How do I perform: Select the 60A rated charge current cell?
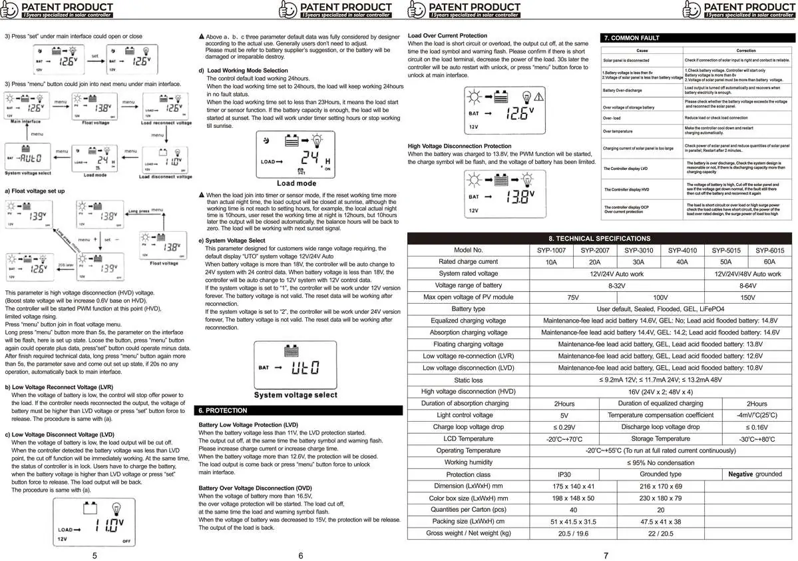[769, 262]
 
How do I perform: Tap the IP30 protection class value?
[564, 474]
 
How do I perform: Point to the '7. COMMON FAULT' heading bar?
[631, 38]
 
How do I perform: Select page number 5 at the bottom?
[95, 555]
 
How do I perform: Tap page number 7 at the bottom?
[605, 555]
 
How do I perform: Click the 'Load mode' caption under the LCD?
[296, 183]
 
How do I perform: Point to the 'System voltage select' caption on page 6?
[296, 395]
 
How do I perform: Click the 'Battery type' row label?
[468, 309]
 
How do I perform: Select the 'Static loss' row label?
[468, 380]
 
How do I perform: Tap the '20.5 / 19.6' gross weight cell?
[564, 533]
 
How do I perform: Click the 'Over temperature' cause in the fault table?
[618, 131]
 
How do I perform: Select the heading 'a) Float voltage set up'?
[35, 191]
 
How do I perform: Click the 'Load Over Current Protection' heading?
[447, 35]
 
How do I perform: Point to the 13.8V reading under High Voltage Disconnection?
[519, 197]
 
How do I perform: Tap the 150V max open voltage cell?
[747, 297]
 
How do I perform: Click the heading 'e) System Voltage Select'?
[232, 241]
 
